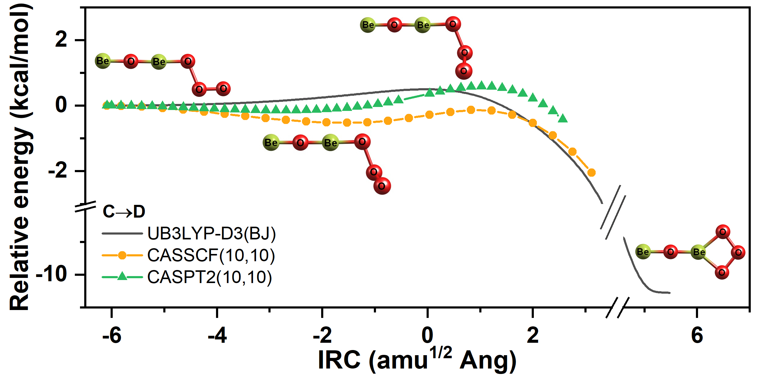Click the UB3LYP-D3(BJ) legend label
pyautogui.click(x=211, y=233)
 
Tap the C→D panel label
pyautogui.click(x=124, y=212)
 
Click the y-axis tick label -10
pyautogui.click(x=52, y=274)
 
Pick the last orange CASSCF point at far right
pyautogui.click(x=591, y=173)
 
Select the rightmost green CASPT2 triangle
pyautogui.click(x=563, y=118)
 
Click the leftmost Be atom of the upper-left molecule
pyautogui.click(x=103, y=61)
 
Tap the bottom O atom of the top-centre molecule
pyautogui.click(x=464, y=71)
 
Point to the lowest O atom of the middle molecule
pyautogui.click(x=382, y=186)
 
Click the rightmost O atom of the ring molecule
pyautogui.click(x=738, y=252)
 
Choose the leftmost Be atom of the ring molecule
pyautogui.click(x=643, y=252)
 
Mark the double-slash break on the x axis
pyautogui.click(x=617, y=308)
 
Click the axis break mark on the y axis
pyautogui.click(x=85, y=206)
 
